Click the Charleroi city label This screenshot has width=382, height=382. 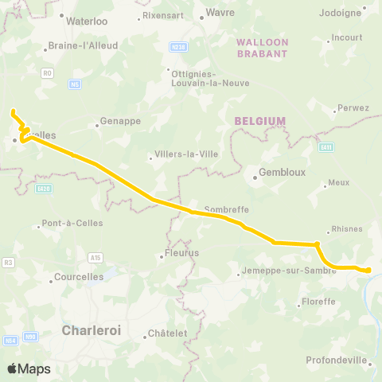[91, 330]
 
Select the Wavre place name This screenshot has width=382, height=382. [220, 13]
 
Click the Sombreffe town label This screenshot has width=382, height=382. [228, 210]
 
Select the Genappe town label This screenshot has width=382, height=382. [119, 122]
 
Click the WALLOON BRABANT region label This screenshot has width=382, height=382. [261, 47]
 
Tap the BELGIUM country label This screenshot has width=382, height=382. [260, 121]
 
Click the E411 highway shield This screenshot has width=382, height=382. [325, 146]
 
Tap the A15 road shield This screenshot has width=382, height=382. [95, 257]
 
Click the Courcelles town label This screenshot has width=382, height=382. [78, 278]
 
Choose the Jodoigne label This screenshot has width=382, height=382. [341, 13]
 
